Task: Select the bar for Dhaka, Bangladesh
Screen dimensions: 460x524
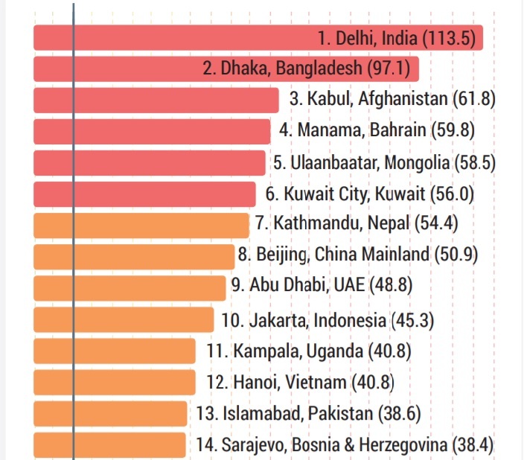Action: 119,68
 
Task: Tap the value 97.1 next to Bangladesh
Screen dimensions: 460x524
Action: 389,68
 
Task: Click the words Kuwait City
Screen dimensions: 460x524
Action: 328,194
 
